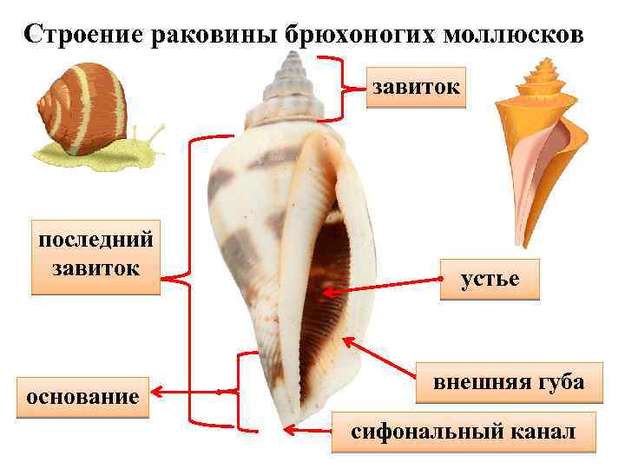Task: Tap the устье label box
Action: click(x=490, y=279)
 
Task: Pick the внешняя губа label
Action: click(x=508, y=382)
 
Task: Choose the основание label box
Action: click(x=83, y=397)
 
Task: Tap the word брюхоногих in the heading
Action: click(x=359, y=33)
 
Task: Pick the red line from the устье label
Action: click(x=382, y=287)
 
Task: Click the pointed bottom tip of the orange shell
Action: click(x=523, y=245)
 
